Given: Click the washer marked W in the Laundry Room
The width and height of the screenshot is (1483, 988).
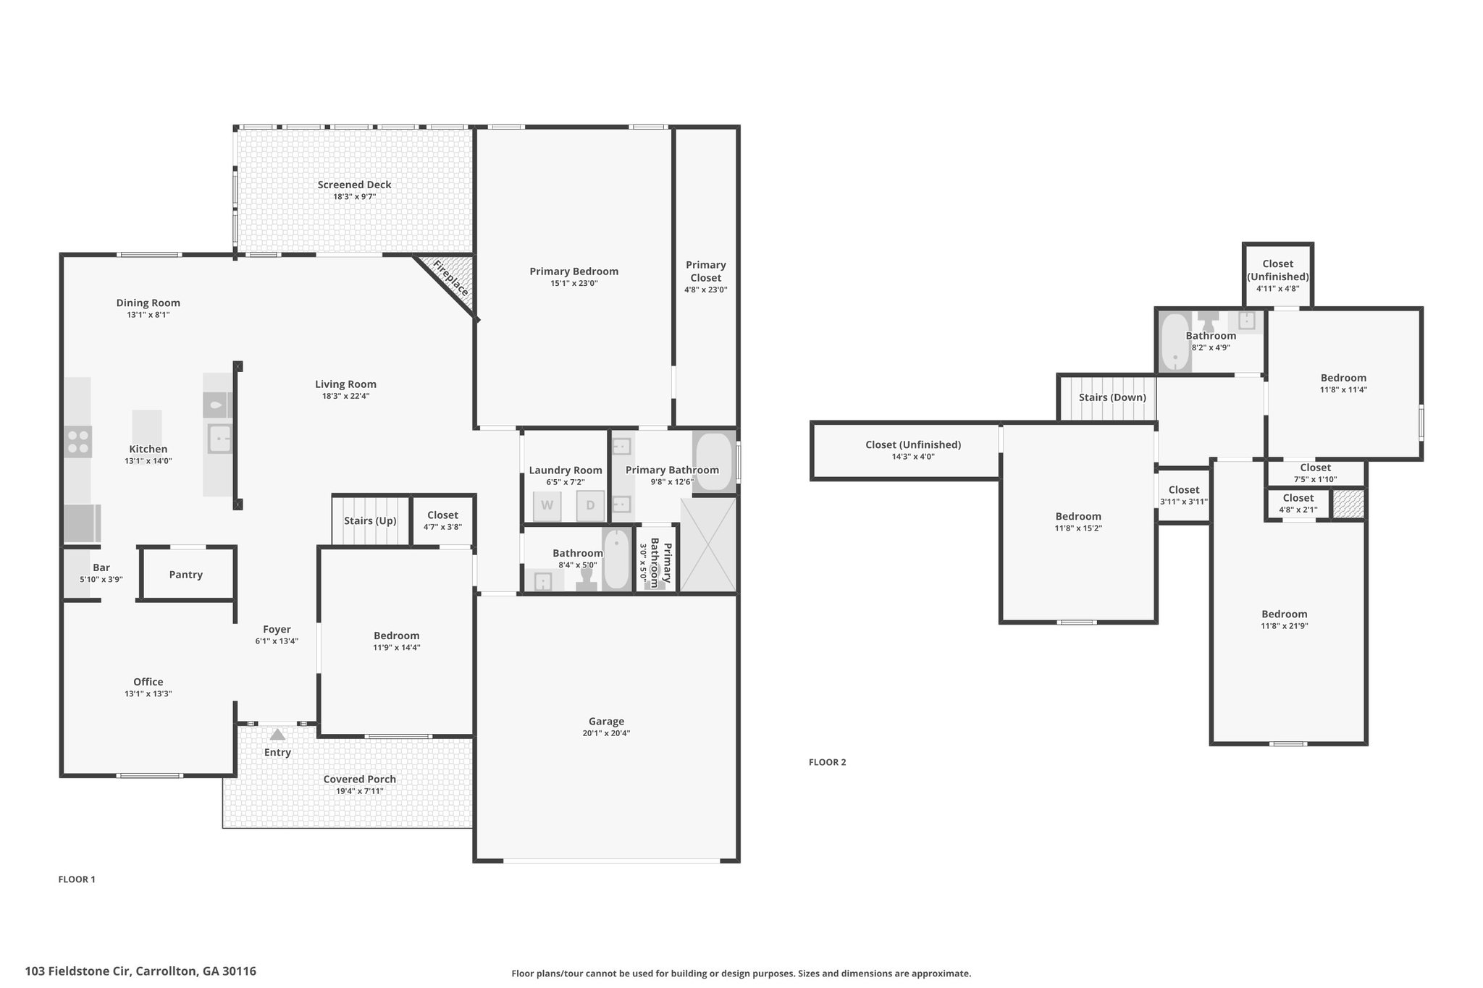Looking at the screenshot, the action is pos(547,506).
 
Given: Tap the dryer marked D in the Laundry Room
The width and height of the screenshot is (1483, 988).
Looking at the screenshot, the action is pos(590,506).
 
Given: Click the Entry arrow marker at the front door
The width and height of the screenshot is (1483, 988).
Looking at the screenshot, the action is pos(277,734).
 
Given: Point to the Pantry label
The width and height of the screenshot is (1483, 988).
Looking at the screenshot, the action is pos(186,575).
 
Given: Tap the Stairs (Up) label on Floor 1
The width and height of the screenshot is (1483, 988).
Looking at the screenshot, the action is pos(370,521).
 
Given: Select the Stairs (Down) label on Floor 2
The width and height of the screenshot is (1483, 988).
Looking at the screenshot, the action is pos(1112,397).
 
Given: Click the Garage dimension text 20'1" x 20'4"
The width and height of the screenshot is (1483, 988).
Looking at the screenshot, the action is pos(606,733).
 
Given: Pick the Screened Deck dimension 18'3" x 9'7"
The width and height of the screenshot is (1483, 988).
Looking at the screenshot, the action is pos(354,196).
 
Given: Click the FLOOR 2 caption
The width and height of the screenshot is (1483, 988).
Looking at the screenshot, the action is pos(827,762).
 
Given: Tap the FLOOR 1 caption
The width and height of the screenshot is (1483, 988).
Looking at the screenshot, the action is pos(77,879).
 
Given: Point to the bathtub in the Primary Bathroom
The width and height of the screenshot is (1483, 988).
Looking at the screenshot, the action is pos(714,463).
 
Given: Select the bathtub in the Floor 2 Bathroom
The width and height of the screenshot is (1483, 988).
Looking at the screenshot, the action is pos(1175,342).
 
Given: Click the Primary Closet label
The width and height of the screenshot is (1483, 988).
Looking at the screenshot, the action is pos(706,271).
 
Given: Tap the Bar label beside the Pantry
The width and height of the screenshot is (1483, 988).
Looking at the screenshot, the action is pos(101,568).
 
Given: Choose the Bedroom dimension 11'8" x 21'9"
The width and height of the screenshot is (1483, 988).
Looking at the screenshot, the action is pos(1285,626).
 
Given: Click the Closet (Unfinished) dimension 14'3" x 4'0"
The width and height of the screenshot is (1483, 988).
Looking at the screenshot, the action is pos(913,457).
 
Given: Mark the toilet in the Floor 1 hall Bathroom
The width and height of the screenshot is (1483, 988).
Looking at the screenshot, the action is pos(587,580).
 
